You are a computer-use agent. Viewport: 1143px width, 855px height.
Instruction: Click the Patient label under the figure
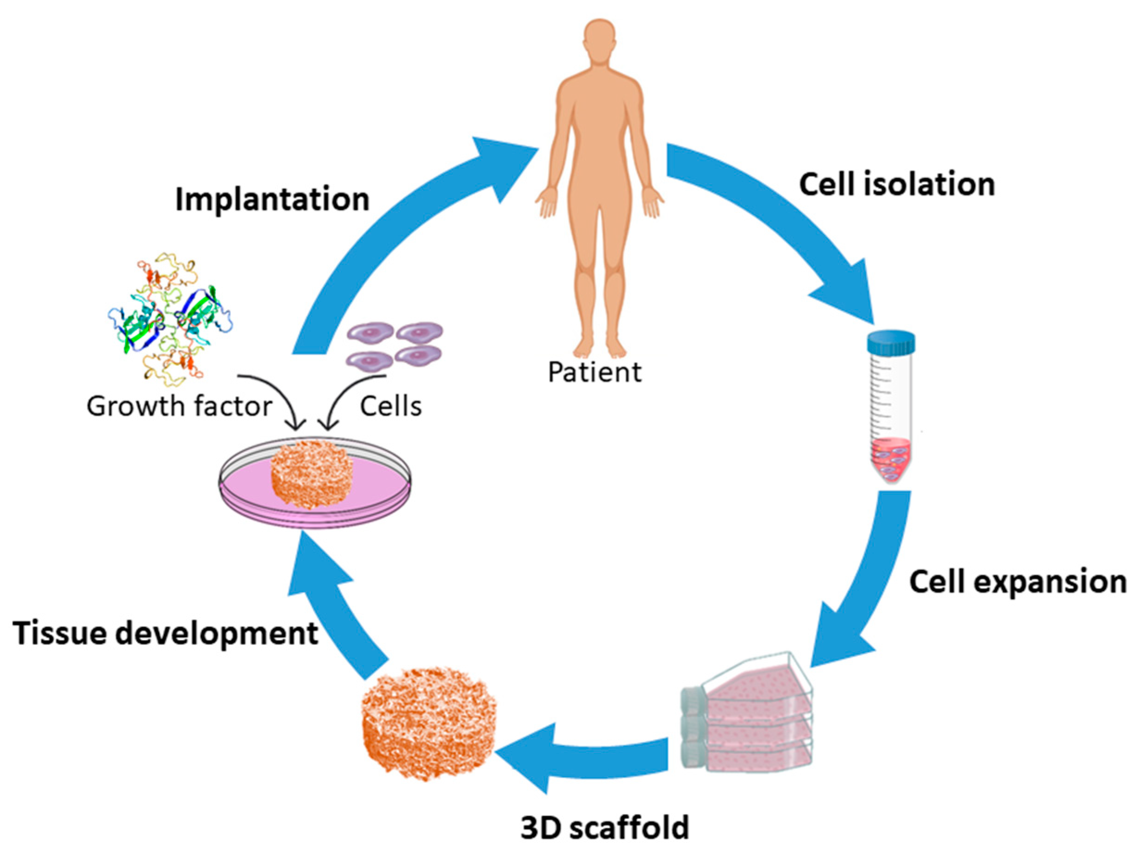coord(594,372)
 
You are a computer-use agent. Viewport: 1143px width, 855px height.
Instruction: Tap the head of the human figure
coord(600,41)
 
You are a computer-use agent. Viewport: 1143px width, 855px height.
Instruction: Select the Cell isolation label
coord(897,184)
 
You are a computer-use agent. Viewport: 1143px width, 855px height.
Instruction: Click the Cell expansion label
coord(1018,582)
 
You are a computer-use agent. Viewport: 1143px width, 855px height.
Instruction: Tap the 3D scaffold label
coord(605,827)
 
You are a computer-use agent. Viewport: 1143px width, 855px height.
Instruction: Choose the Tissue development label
coord(165,633)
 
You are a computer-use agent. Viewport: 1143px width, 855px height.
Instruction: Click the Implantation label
coord(272,200)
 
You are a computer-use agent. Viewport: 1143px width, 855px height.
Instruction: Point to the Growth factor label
coord(179,406)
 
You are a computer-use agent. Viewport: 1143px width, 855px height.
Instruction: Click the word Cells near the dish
coord(391,406)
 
